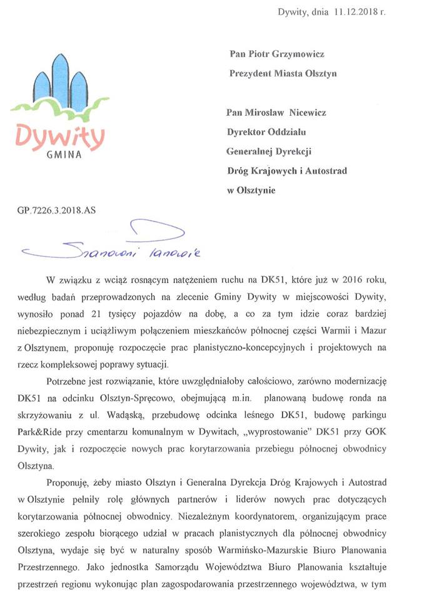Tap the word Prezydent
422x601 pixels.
(253, 73)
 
